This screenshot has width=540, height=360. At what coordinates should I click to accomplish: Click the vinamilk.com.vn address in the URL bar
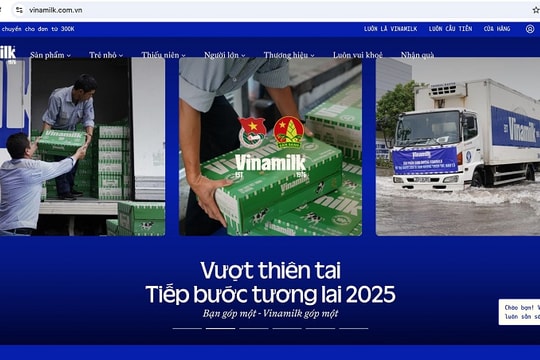click(x=55, y=9)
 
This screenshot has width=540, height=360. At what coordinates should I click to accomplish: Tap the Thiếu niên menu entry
click(x=162, y=55)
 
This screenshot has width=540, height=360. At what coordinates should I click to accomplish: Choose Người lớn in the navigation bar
click(x=223, y=55)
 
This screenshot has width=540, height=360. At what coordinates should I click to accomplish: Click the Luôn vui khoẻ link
click(x=357, y=55)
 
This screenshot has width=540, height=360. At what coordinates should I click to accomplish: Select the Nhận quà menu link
click(x=417, y=55)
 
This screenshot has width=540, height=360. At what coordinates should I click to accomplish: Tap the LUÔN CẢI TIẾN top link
click(x=446, y=29)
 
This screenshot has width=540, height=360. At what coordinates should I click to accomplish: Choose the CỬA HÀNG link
click(x=496, y=29)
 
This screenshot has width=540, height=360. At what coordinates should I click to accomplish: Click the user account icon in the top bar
click(x=530, y=29)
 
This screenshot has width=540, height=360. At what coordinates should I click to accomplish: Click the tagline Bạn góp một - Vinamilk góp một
click(x=270, y=314)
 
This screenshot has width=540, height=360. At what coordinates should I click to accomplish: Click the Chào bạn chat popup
click(x=520, y=312)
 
